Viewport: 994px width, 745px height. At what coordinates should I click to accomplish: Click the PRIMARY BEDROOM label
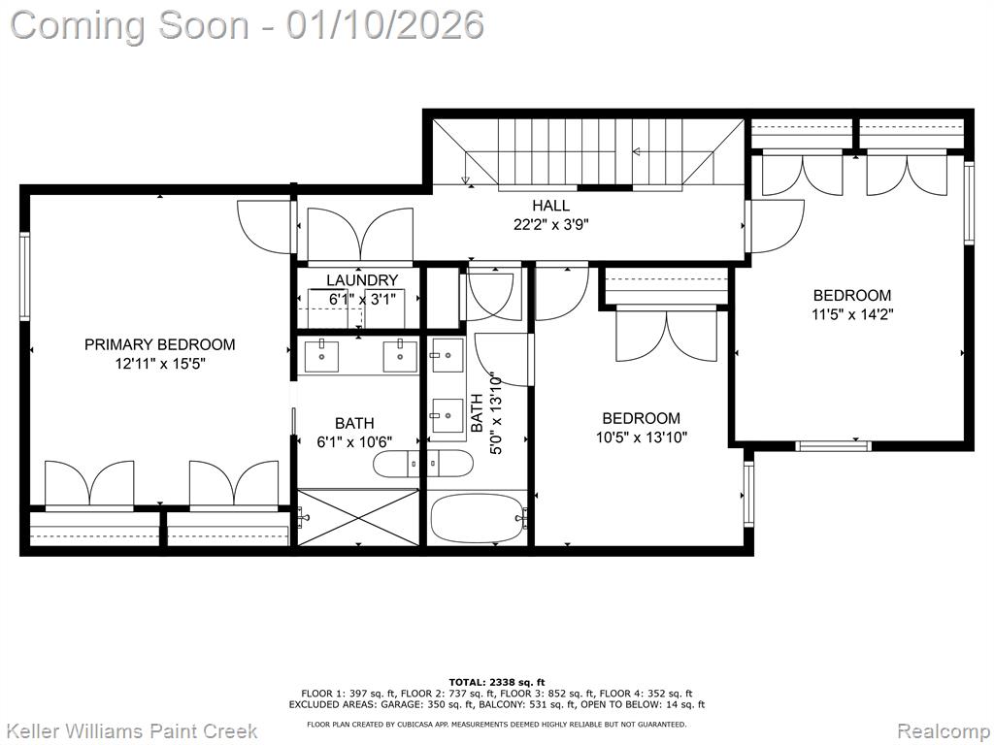click(x=160, y=344)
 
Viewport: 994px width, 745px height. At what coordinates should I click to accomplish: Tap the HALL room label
click(x=550, y=206)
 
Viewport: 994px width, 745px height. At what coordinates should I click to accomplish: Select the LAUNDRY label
click(x=362, y=280)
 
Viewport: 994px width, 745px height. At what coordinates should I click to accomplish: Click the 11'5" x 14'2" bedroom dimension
click(x=852, y=314)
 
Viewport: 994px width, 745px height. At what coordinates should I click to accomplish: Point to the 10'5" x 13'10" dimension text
click(x=641, y=437)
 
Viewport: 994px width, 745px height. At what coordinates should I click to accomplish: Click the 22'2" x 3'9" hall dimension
click(x=551, y=224)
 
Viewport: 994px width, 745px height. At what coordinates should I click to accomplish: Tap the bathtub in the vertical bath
click(x=478, y=518)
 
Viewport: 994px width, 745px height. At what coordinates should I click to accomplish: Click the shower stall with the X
click(x=358, y=517)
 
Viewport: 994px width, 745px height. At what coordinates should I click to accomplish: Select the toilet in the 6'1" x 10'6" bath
click(x=396, y=464)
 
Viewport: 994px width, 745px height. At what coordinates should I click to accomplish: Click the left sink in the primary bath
click(x=321, y=356)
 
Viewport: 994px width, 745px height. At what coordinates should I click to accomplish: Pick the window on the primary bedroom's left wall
click(x=24, y=275)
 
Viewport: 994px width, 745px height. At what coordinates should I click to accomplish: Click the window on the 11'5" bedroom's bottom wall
click(x=833, y=446)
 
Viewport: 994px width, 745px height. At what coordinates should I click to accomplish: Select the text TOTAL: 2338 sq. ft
click(x=497, y=682)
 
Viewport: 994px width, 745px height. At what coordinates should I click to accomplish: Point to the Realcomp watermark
click(x=944, y=731)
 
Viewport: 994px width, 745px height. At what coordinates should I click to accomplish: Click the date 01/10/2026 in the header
click(x=384, y=25)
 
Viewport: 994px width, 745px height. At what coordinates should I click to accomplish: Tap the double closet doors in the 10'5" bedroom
click(x=666, y=334)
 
